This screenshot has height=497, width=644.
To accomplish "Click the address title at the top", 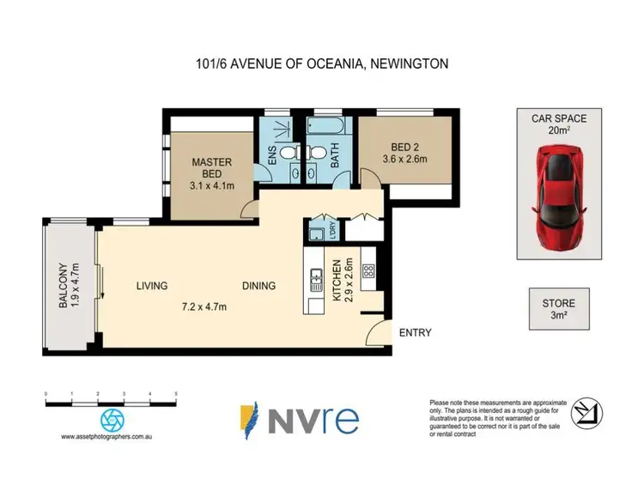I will (x=322, y=63).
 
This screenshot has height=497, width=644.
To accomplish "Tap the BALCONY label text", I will (x=62, y=284).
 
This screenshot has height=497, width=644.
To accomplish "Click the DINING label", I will (x=258, y=286).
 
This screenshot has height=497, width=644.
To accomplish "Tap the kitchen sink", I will (x=315, y=279).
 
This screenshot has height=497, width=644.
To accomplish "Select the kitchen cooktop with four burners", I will (x=368, y=271).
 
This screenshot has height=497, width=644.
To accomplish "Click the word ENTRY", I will (x=415, y=333).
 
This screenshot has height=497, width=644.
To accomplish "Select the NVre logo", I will (x=298, y=418).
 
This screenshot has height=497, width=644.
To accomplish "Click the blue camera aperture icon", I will (x=112, y=420).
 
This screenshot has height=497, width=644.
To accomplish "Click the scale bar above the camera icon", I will (x=110, y=402).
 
